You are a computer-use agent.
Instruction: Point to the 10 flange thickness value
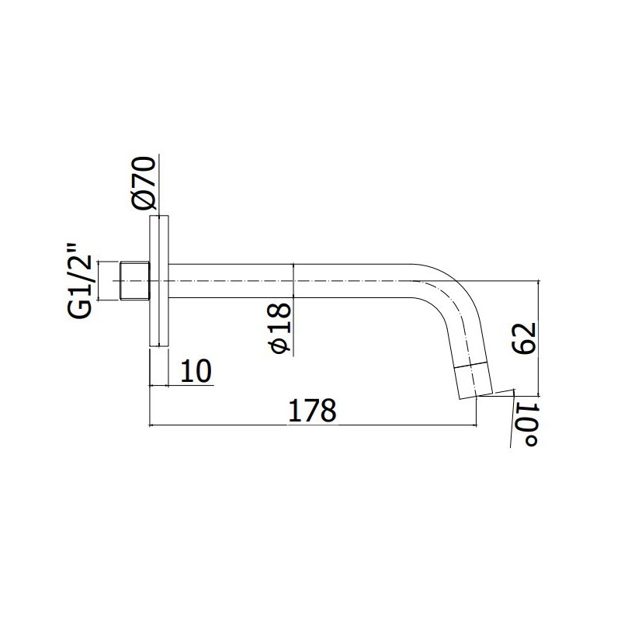pos(196,371)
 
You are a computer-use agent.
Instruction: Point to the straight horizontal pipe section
pos(295,280)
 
